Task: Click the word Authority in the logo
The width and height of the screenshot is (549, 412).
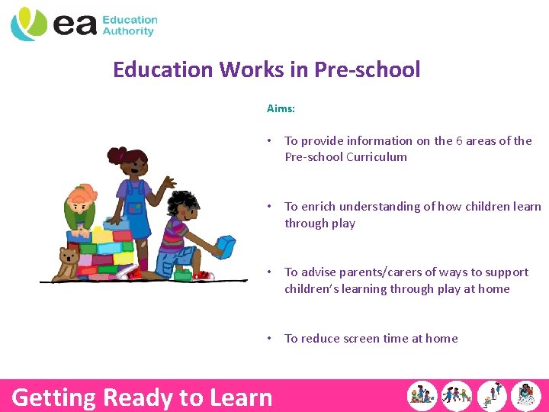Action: click(128, 32)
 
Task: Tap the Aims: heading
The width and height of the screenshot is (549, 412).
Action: click(281, 109)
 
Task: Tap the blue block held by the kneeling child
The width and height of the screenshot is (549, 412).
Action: click(226, 246)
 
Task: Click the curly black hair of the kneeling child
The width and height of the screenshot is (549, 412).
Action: click(182, 204)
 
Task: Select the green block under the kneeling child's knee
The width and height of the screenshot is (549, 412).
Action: click(182, 273)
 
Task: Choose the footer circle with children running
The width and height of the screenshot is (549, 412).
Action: click(457, 396)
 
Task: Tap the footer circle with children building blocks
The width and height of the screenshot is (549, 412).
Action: click(422, 396)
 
